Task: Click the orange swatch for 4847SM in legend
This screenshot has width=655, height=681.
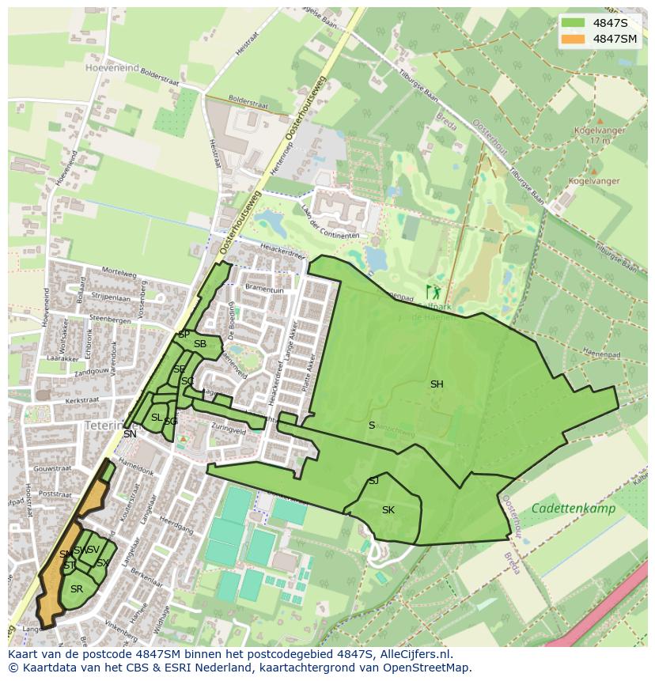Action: coord(574,39)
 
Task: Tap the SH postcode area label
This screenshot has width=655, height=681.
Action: coord(437,384)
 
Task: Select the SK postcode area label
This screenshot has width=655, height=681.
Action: coord(388,510)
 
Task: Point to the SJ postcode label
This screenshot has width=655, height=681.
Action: coord(373,481)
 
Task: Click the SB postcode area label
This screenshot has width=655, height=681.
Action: coord(200,344)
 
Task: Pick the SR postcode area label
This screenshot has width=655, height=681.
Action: coord(77,589)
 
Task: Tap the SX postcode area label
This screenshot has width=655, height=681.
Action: coord(102,563)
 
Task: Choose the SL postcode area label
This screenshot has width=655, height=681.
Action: coord(157,418)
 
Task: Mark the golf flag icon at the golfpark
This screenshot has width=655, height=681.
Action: coord(431,292)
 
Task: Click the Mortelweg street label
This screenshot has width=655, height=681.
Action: coord(119,273)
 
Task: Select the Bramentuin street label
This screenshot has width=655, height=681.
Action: coord(264,290)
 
